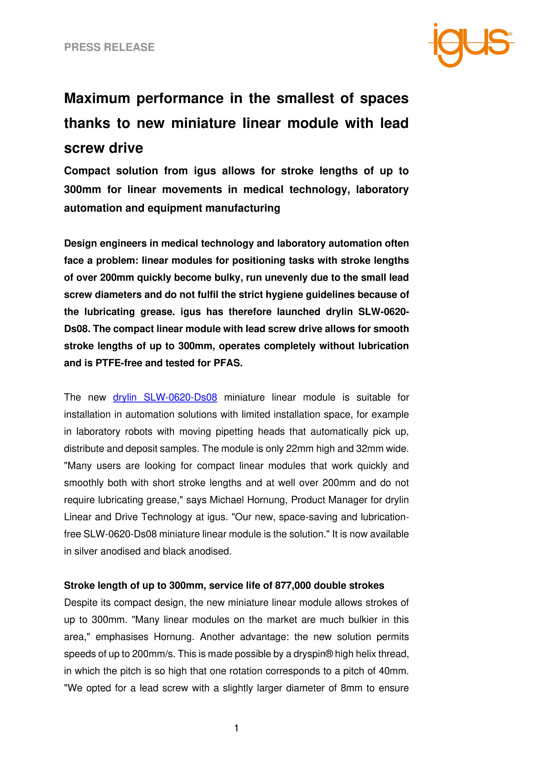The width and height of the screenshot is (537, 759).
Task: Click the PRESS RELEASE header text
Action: click(109, 47)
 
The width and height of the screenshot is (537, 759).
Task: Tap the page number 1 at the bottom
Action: click(237, 728)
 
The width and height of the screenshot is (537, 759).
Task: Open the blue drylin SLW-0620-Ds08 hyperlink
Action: click(165, 397)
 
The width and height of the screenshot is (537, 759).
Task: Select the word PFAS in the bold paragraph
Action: click(228, 363)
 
